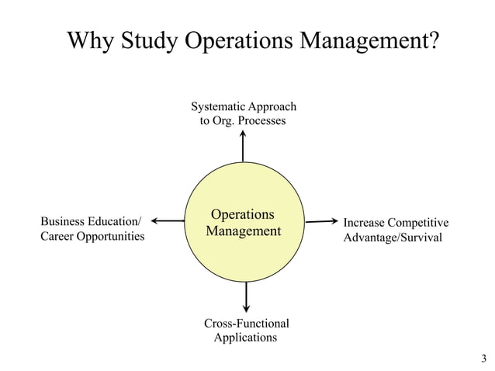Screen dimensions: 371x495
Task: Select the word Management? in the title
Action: point(370,40)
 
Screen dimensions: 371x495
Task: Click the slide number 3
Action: point(483,358)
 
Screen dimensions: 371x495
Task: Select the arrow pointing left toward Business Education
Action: point(168,221)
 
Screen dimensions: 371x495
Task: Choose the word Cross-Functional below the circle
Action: point(246,323)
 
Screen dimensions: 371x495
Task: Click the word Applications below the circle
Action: point(245,338)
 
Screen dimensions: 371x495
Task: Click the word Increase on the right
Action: point(364,224)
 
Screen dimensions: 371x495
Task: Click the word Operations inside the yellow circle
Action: point(243,214)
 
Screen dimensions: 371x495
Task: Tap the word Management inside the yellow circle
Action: point(243,231)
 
